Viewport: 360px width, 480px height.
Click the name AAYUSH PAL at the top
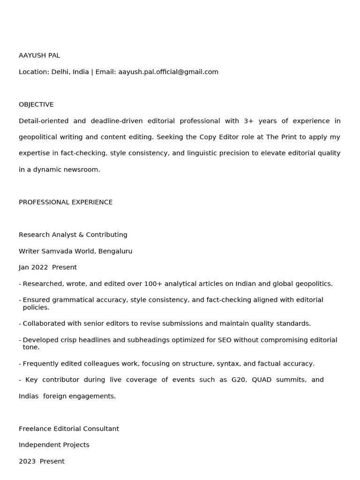coord(39,55)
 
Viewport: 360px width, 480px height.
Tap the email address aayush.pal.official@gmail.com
coord(168,72)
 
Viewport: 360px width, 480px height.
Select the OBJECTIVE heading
coord(36,105)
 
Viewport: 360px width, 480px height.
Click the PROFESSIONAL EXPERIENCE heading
coord(66,202)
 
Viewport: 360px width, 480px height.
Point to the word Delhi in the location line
coord(60,72)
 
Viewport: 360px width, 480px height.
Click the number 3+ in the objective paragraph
coord(248,121)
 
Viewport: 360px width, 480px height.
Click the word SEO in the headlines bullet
coord(225,340)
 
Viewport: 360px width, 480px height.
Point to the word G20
coord(239,380)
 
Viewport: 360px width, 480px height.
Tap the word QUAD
coord(262,380)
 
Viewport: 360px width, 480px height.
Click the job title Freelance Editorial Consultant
coord(69,428)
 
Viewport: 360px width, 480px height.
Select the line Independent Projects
coord(54,445)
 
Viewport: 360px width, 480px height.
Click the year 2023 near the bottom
coord(27,461)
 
